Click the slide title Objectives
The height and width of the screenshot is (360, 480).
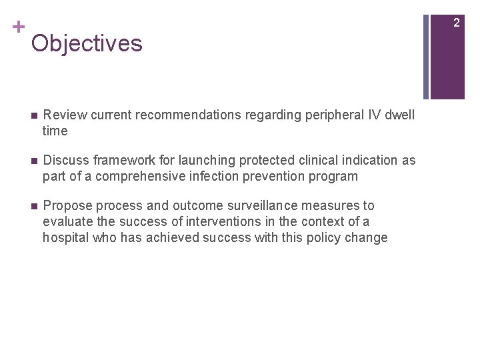(x=87, y=43)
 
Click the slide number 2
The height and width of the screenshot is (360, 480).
(x=457, y=23)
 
